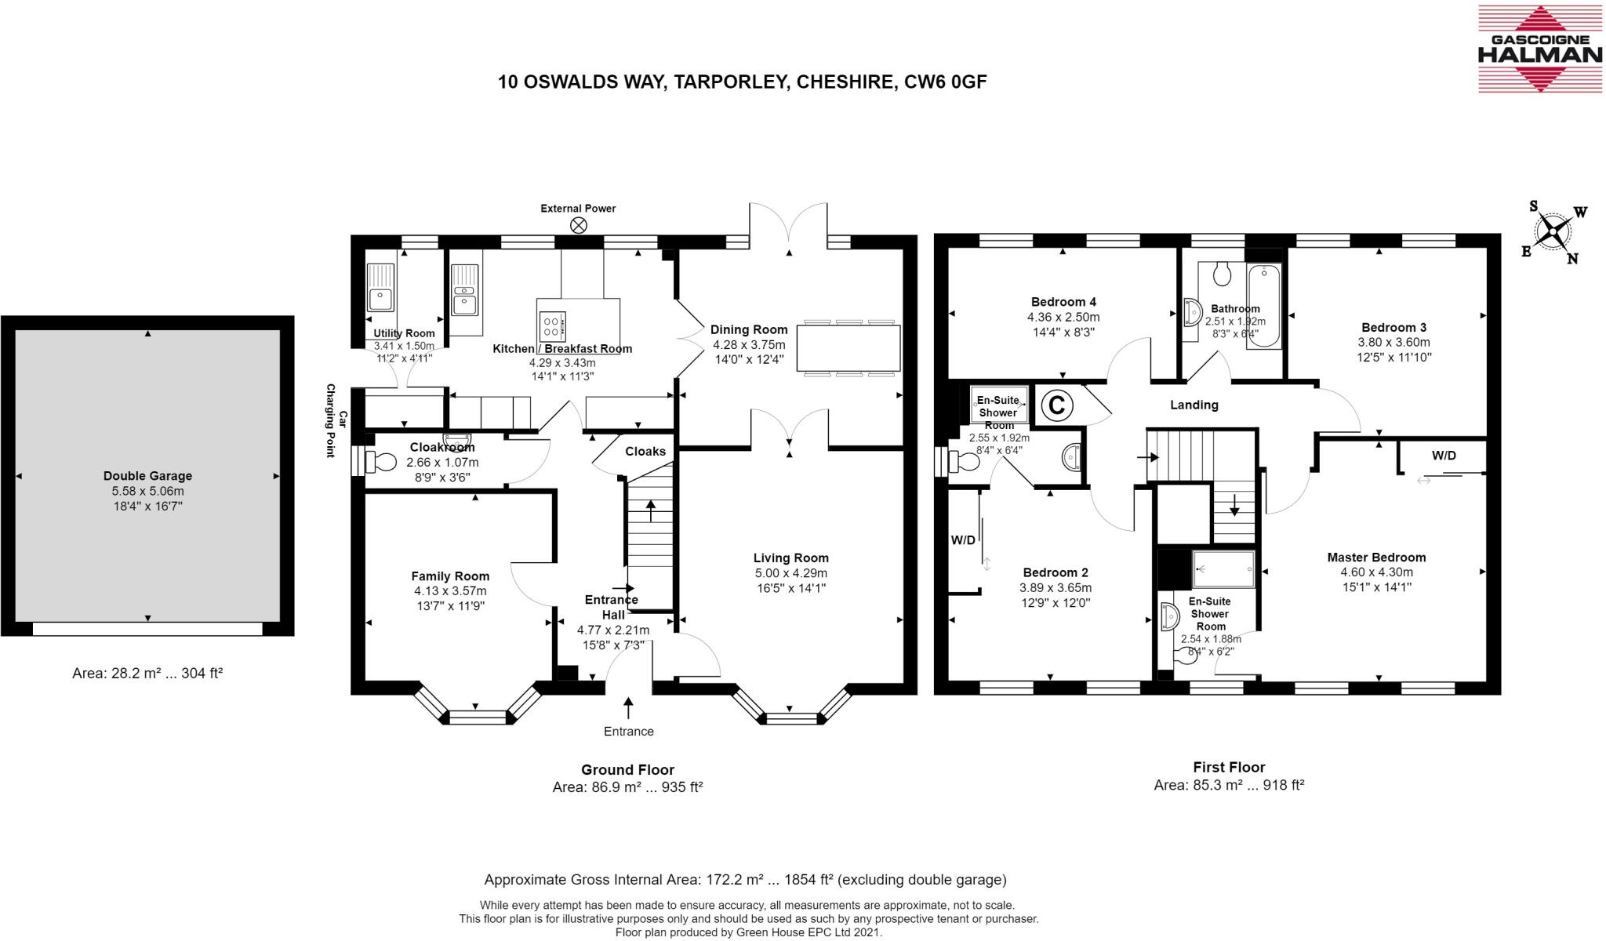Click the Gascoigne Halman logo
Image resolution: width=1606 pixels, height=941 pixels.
(1540, 60)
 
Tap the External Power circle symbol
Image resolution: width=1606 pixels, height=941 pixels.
(579, 226)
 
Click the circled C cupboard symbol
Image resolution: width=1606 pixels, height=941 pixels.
(1056, 405)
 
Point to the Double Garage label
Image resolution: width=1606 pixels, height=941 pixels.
(147, 476)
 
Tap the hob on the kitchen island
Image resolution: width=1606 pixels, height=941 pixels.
(552, 324)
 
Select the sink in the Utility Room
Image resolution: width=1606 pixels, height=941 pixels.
(381, 288)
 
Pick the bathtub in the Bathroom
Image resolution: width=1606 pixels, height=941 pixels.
(1264, 307)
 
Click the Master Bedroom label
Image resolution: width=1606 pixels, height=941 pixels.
(1376, 558)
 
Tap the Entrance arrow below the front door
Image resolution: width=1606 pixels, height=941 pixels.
(628, 708)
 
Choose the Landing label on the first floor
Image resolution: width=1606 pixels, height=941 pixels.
(1194, 405)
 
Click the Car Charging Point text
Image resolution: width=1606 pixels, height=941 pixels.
(336, 420)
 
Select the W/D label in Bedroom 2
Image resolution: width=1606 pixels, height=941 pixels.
(963, 540)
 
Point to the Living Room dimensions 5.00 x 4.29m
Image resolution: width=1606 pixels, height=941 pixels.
(791, 573)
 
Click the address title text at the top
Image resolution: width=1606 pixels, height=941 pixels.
(742, 82)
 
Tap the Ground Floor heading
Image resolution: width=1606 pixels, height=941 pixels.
(627, 770)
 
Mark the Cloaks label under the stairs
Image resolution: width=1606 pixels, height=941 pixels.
(645, 452)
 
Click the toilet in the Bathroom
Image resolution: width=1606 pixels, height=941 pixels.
(1222, 274)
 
